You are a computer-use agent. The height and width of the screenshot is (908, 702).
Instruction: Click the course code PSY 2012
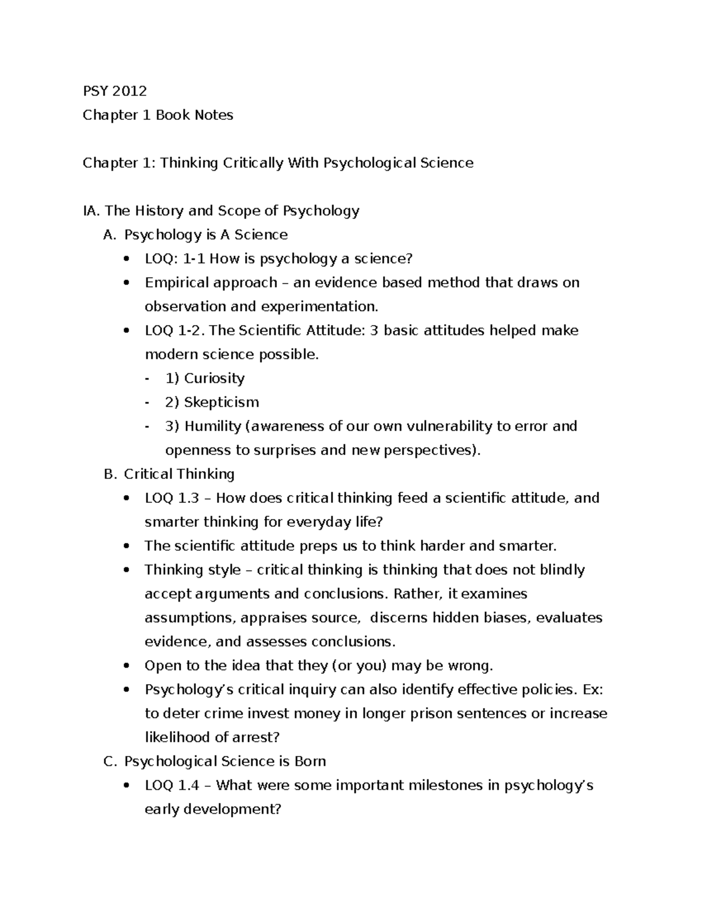(115, 91)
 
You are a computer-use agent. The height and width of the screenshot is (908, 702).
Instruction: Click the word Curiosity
(214, 379)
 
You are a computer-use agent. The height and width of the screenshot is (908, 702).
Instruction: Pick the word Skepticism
(221, 403)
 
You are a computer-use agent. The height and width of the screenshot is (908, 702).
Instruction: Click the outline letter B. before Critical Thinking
(111, 475)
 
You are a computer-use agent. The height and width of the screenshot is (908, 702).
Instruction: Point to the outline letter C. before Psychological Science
(111, 762)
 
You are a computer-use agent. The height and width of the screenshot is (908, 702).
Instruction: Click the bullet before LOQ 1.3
(127, 499)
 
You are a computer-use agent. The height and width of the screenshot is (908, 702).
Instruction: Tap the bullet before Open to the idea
(127, 667)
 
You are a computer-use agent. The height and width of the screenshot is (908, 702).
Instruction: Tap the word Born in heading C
(310, 762)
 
